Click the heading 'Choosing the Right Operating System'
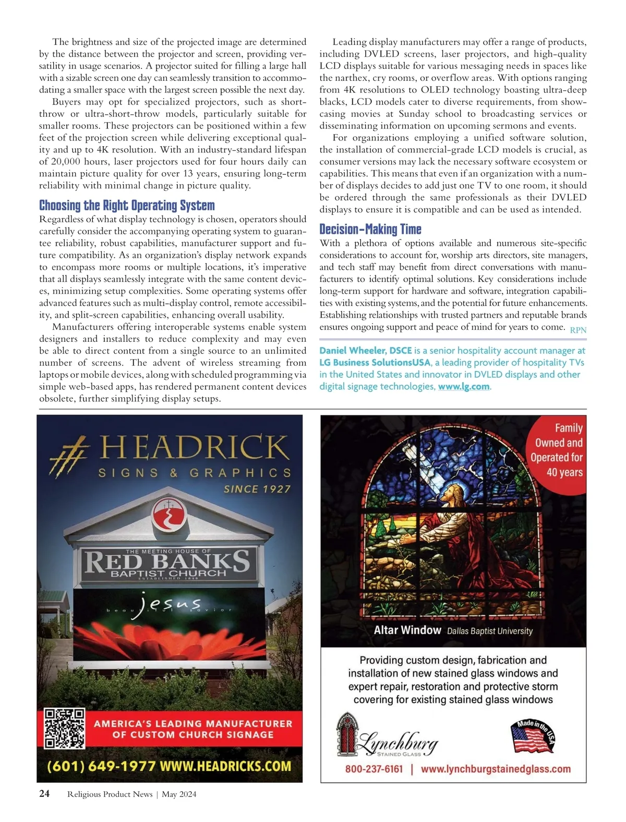tap(127, 205)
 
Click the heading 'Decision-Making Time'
tap(370, 229)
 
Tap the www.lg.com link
tap(464, 386)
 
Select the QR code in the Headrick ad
tap(64, 729)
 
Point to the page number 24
tap(45, 794)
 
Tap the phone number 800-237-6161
tap(374, 769)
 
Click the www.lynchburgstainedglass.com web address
tap(496, 769)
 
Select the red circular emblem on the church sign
tap(168, 516)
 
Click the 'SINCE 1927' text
tap(257, 489)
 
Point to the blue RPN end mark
tap(578, 330)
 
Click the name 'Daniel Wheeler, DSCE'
tap(366, 350)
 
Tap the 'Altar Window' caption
tap(407, 630)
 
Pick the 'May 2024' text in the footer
tap(179, 794)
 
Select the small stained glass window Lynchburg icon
tap(345, 733)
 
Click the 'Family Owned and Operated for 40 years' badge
tap(557, 450)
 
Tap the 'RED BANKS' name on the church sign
tap(167, 562)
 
